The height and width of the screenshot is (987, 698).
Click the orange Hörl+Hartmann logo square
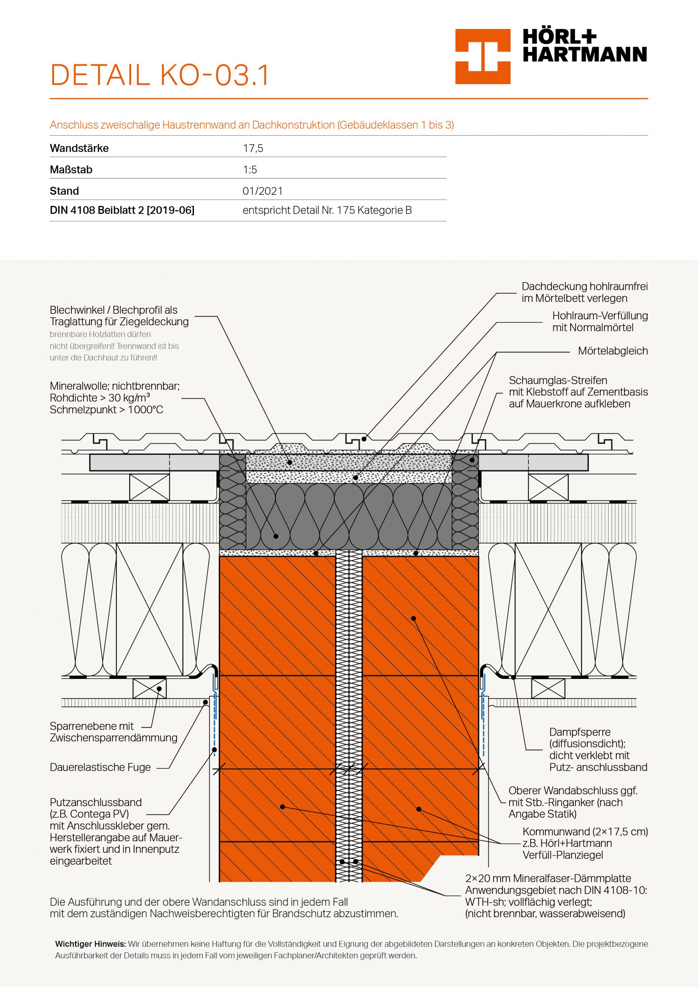point(482,56)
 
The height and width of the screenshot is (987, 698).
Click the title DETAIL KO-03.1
point(160,75)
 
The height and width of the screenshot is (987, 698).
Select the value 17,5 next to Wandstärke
point(253,149)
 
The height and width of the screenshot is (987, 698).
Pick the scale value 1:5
point(250,170)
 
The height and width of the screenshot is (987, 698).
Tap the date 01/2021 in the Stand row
point(262,191)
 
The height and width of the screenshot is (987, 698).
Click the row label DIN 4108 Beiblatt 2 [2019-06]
point(122,210)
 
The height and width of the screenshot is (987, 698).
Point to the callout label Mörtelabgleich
point(612,351)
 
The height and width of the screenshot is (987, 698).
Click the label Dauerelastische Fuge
point(100,767)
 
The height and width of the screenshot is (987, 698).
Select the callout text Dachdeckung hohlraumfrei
point(585,287)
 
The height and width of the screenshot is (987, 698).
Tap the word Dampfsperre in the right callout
point(580,732)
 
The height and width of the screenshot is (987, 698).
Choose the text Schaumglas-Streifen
point(558,381)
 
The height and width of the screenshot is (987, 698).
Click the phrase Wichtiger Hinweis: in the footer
point(90,945)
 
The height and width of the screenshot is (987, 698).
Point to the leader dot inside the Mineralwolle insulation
point(276,536)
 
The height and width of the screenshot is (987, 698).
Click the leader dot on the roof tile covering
point(364,439)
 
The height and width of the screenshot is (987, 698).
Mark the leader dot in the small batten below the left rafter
point(159,689)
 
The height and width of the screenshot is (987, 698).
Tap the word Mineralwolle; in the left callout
point(79,386)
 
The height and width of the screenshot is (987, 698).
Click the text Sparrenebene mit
point(92,726)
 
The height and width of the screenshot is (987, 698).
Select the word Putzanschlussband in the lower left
point(96,803)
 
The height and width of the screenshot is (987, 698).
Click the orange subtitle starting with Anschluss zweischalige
point(251,125)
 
